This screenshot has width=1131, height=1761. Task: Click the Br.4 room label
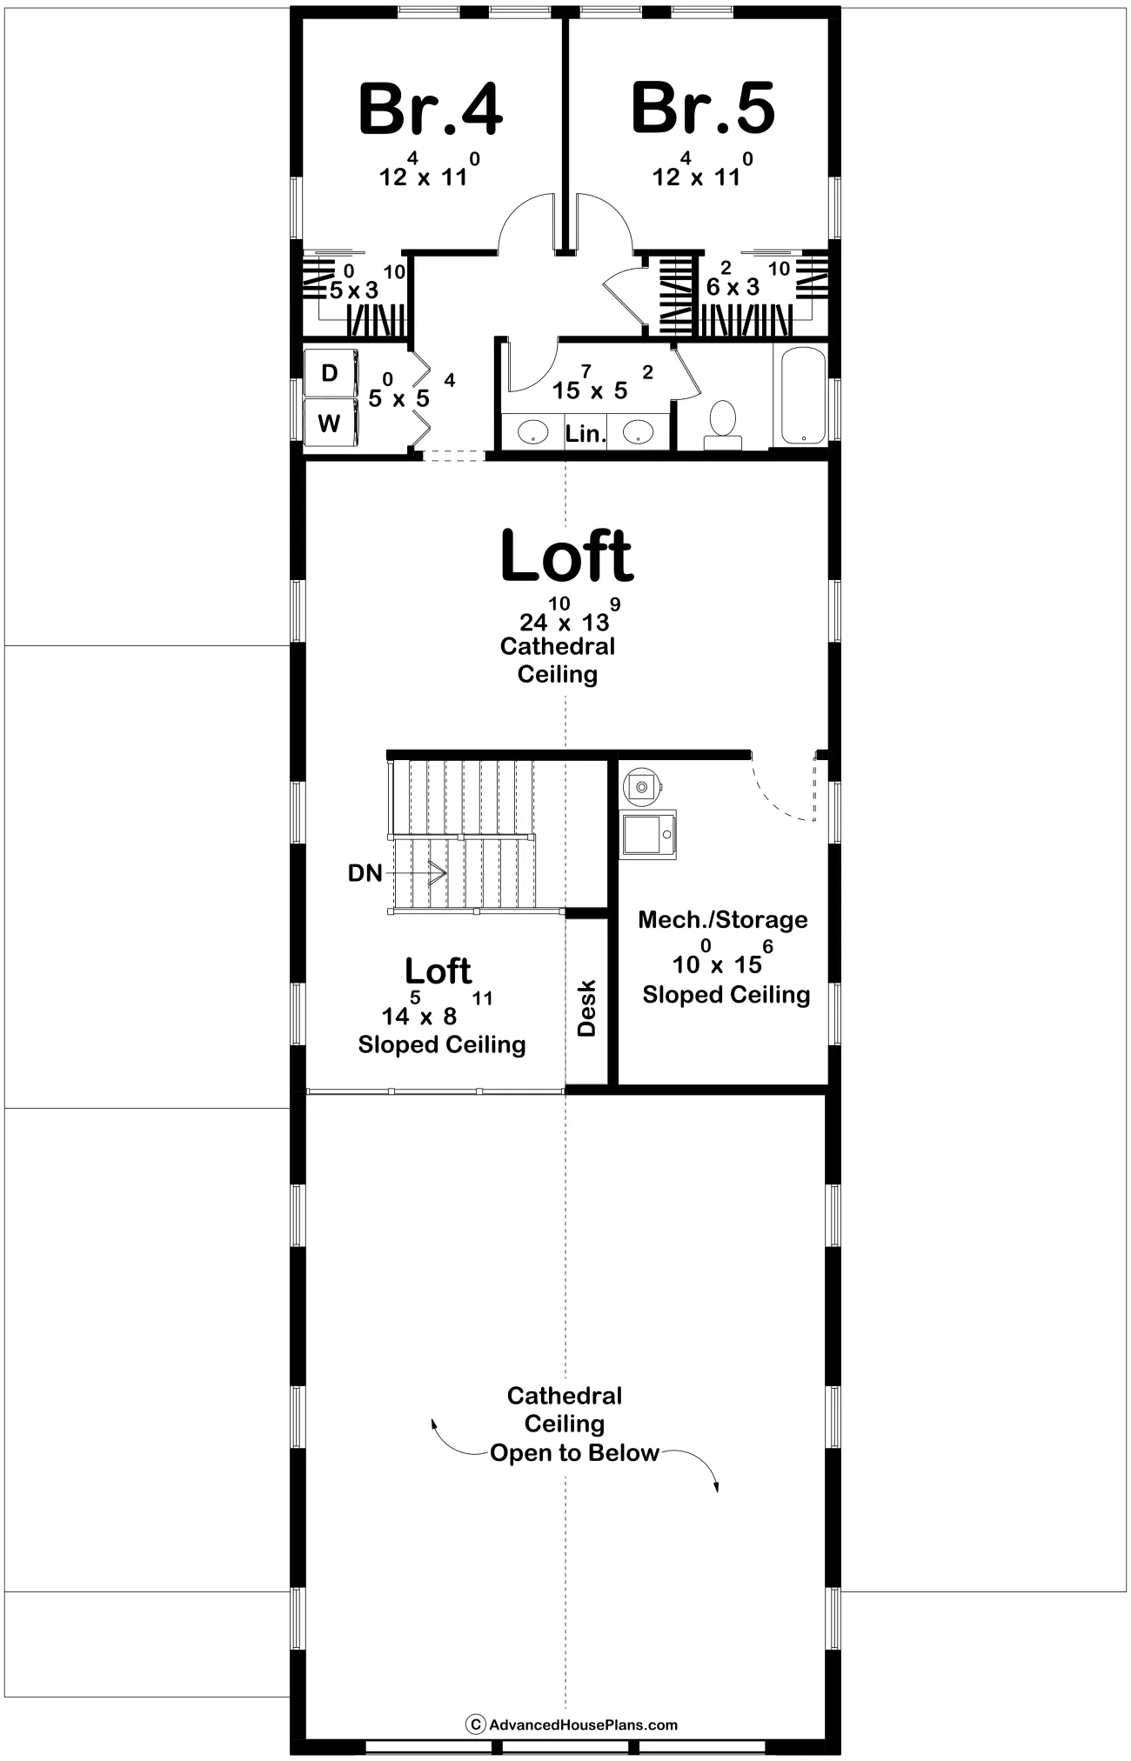pos(431,109)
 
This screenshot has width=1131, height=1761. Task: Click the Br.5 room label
pos(703,109)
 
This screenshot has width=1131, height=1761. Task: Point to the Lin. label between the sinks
pos(586,433)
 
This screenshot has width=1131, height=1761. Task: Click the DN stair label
pos(365,872)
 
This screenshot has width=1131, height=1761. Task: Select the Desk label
pos(587,1008)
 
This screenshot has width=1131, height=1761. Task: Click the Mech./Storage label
pos(723,920)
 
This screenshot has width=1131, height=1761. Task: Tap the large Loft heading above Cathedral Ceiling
pos(567,557)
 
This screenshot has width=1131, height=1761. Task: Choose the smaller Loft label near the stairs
pos(438,971)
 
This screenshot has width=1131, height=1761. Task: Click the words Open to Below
pos(574,1453)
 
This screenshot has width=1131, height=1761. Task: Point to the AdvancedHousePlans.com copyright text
pos(583,1724)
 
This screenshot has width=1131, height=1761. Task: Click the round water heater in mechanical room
pos(642,786)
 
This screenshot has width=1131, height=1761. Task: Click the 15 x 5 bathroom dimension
pos(603,384)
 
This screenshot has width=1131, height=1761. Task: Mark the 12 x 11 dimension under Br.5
pos(703,170)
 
